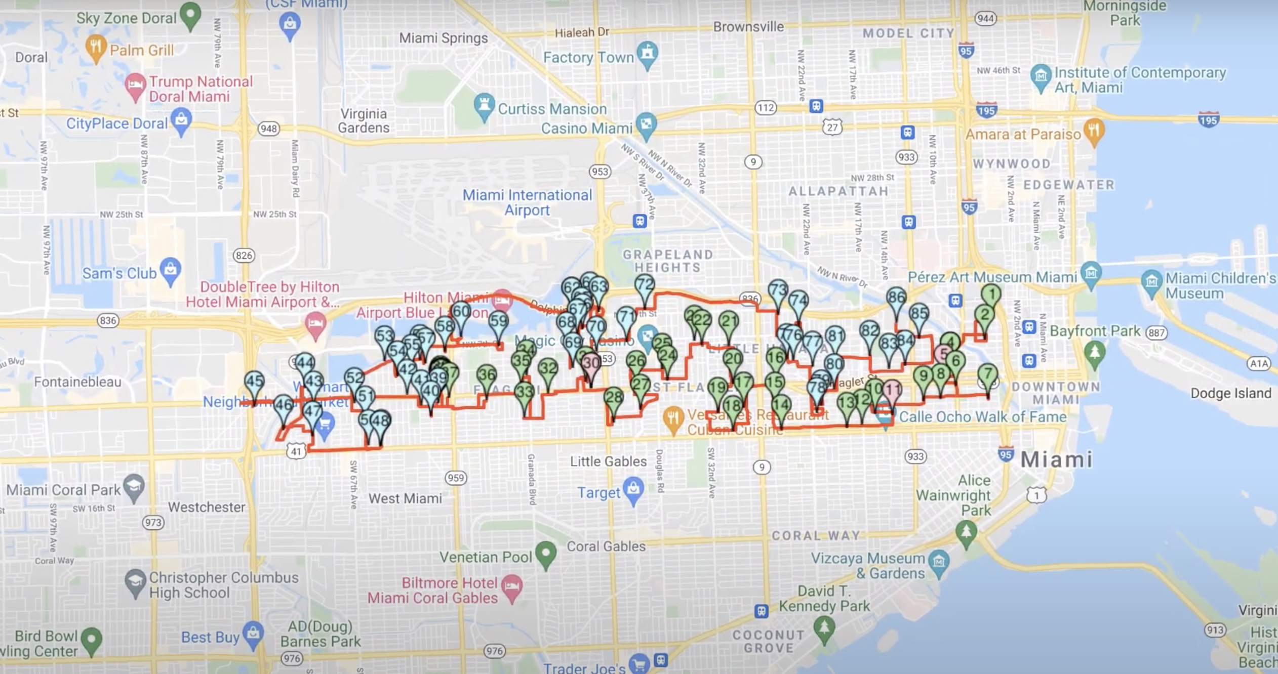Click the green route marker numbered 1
click(x=991, y=294)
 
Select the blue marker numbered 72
click(x=644, y=284)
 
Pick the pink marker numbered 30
click(x=591, y=363)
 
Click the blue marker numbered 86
click(x=896, y=297)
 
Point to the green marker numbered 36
click(x=487, y=375)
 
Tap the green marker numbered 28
click(x=614, y=397)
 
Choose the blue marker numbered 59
click(x=498, y=321)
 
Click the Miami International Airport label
click(x=527, y=202)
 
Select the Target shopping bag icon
click(x=633, y=489)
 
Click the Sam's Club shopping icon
click(x=171, y=269)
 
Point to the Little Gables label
click(x=608, y=461)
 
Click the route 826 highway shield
click(x=244, y=256)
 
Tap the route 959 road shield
click(x=456, y=478)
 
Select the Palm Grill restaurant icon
click(x=95, y=47)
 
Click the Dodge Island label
click(x=1230, y=393)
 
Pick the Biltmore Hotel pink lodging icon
click(x=512, y=586)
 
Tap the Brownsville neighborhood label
click(x=748, y=27)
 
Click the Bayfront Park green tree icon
click(x=1094, y=351)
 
